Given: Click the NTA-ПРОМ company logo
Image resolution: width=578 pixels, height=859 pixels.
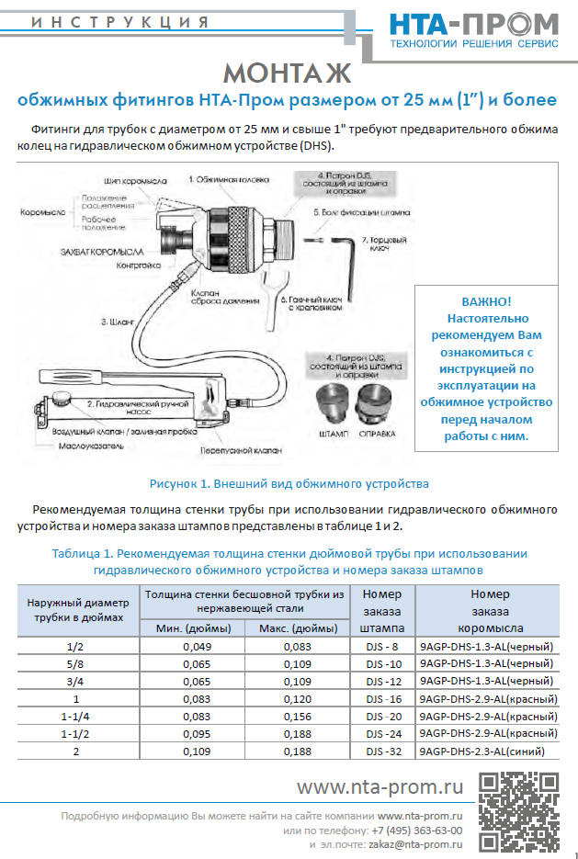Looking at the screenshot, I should click(x=473, y=29).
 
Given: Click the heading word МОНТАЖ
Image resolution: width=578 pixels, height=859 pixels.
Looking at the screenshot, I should click(x=288, y=73).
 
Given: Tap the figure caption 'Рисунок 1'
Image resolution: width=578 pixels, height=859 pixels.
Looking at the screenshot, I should click(x=289, y=483).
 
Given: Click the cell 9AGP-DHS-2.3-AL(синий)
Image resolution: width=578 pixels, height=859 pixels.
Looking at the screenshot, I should click(x=488, y=751).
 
